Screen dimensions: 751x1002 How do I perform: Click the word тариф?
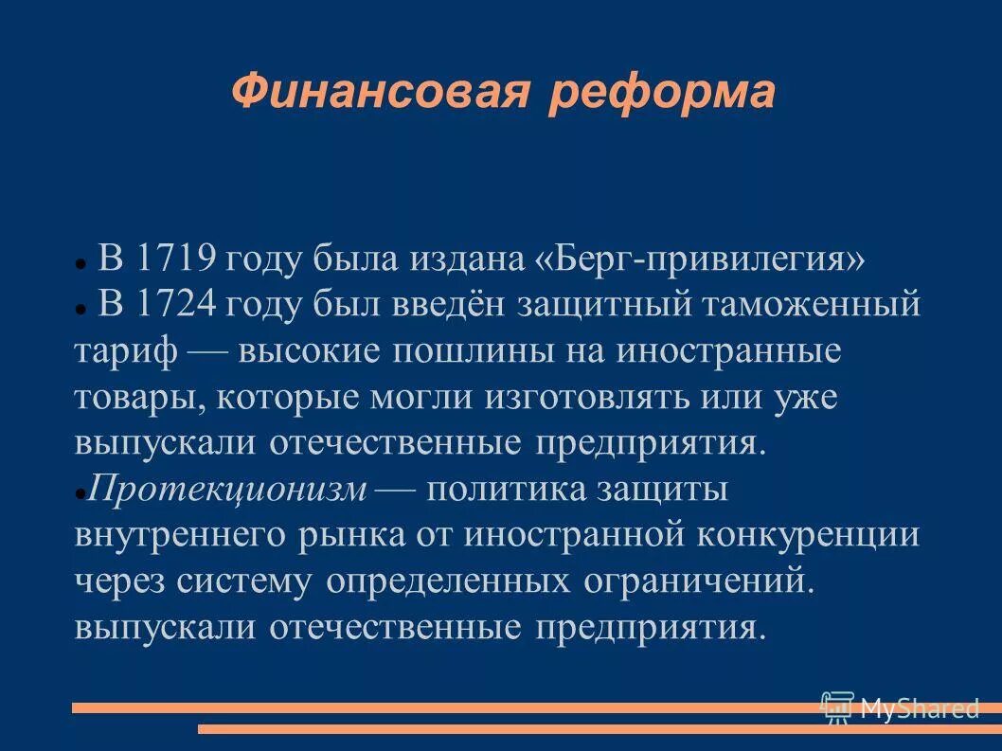pyautogui.click(x=126, y=352)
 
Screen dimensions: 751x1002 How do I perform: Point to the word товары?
pyautogui.click(x=140, y=398)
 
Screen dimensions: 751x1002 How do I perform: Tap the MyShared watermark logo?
pyautogui.click(x=900, y=706)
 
